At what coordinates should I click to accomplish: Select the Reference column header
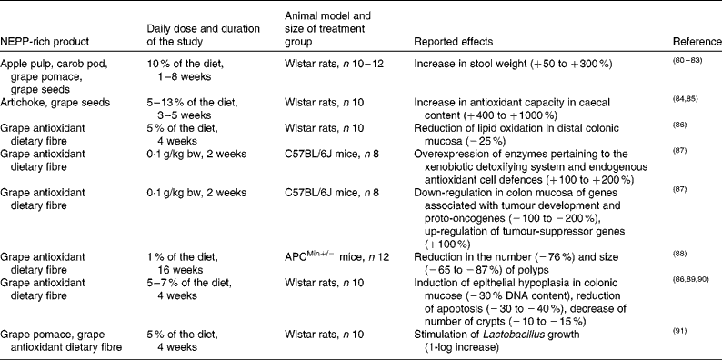coord(696,44)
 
